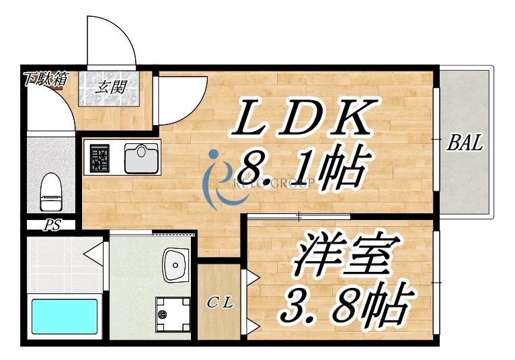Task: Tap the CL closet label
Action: point(219,303)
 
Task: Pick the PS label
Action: point(52,226)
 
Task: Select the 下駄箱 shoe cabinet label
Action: point(44,78)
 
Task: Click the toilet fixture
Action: point(50,191)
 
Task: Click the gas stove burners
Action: point(101,159)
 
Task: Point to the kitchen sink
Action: point(141,159)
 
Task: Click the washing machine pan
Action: point(169,315)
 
